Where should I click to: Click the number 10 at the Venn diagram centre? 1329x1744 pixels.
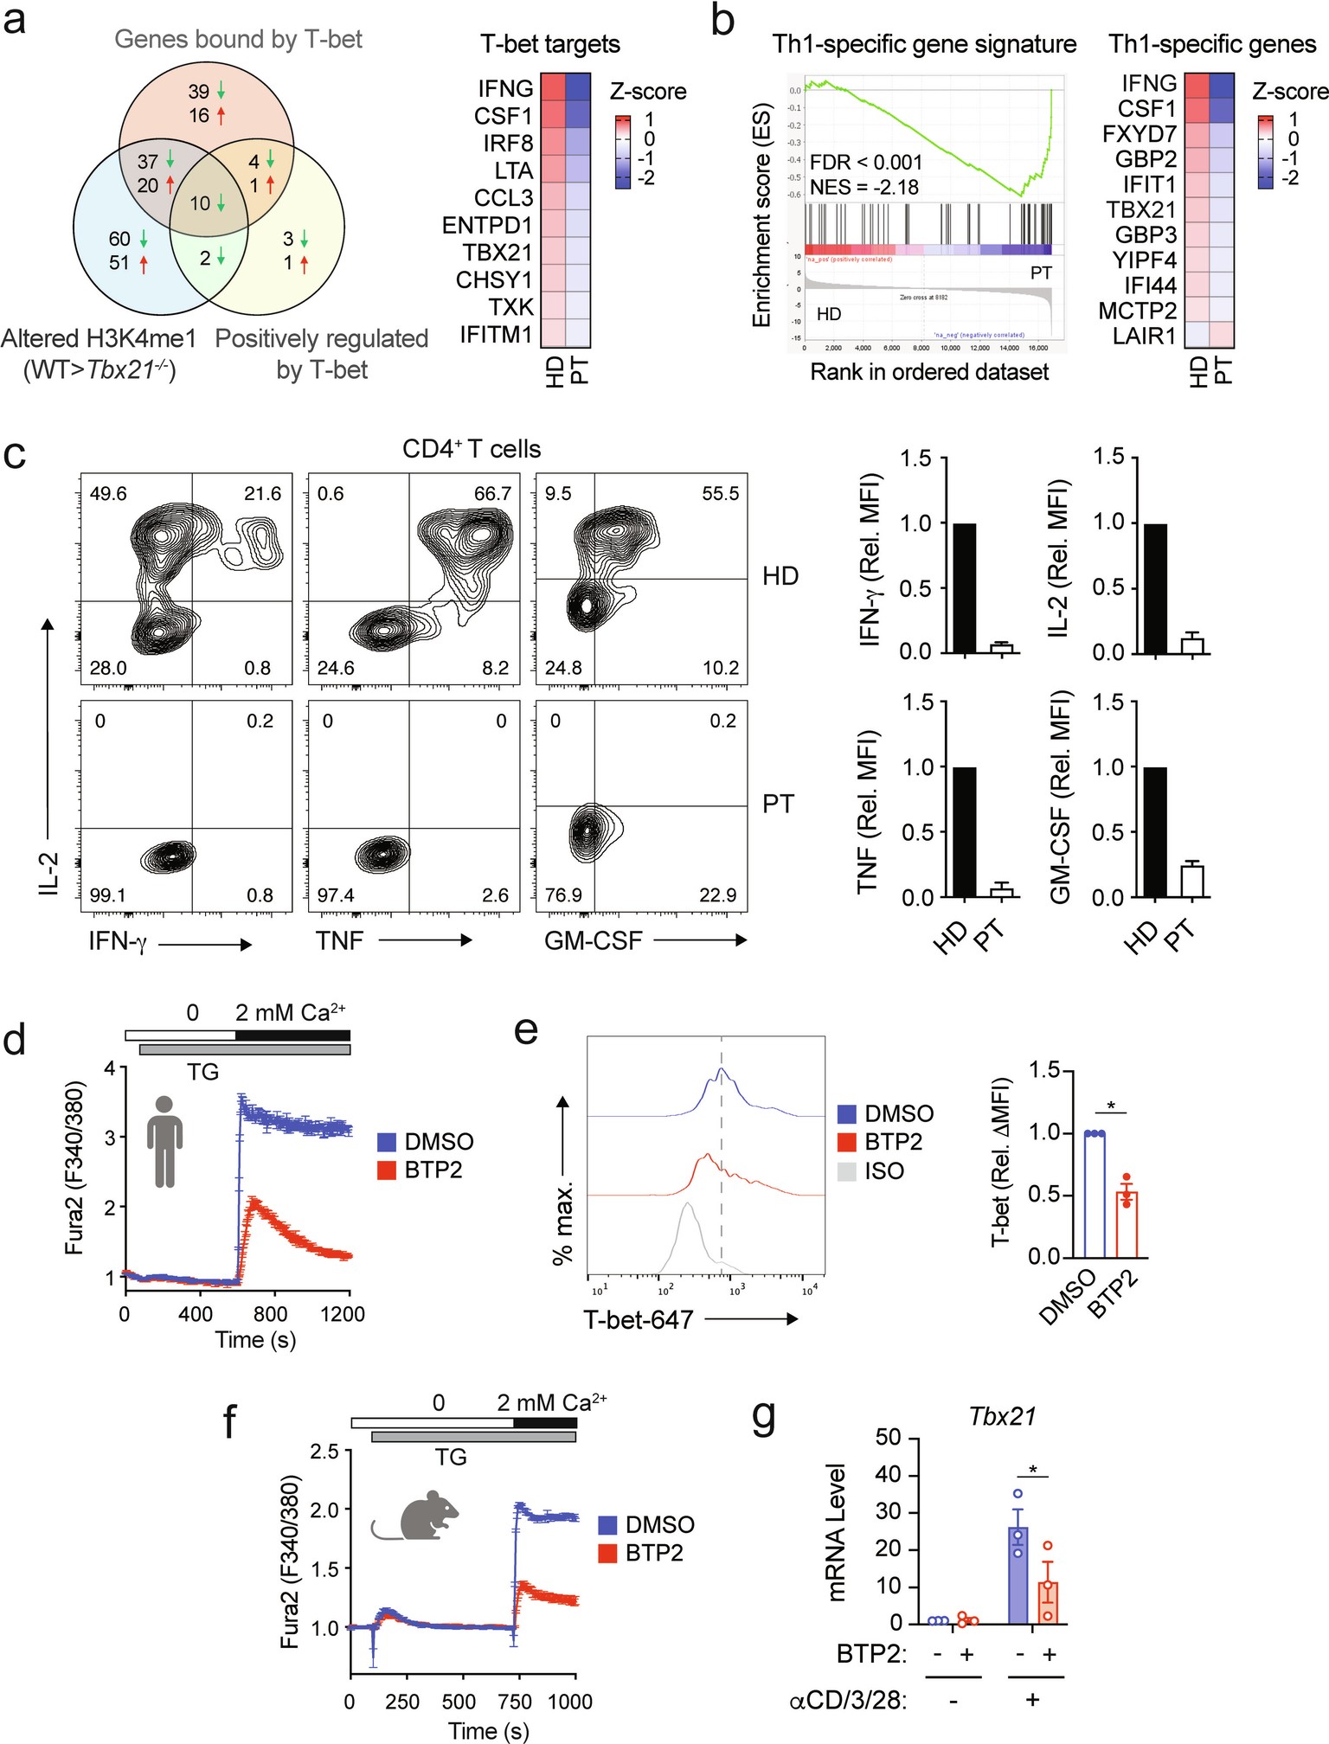200,203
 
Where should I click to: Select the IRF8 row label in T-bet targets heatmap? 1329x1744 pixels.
508,143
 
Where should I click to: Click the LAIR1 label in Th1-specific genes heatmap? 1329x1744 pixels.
1145,336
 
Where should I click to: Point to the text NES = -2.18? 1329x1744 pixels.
864,187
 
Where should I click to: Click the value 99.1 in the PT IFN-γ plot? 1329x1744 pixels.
108,895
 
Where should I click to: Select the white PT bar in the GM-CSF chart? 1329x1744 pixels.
1192,881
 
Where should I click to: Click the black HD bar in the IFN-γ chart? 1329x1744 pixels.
964,588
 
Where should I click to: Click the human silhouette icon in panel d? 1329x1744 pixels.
164,1140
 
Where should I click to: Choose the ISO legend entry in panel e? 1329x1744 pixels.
883,1171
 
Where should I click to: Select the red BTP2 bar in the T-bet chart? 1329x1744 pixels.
1126,1224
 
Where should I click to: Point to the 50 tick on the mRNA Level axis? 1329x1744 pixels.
889,1439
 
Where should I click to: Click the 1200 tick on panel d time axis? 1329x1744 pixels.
343,1314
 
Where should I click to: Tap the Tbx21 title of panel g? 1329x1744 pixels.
1002,1417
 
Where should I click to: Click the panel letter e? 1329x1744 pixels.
525,1031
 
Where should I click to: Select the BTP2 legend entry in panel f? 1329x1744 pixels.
653,1553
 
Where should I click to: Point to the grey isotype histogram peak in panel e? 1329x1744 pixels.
687,1205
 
